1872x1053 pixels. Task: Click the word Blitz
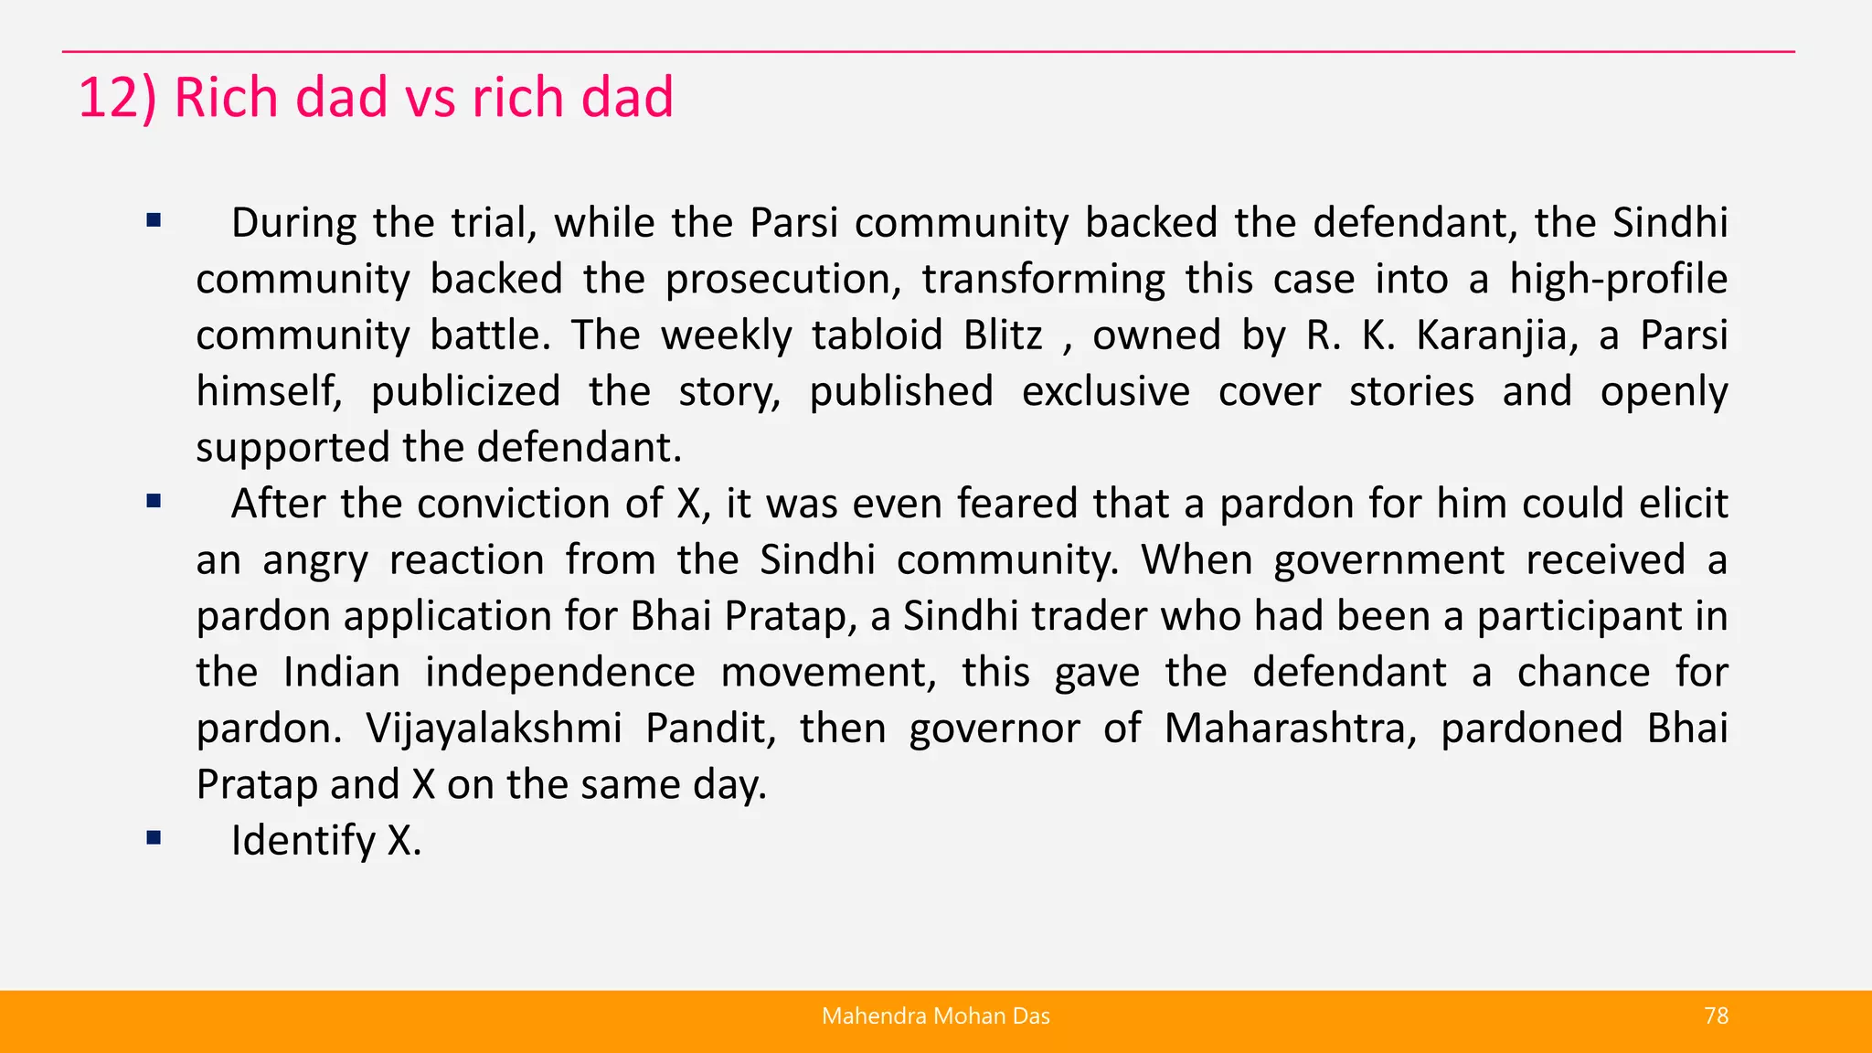(1002, 335)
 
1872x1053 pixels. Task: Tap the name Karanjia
(1497, 335)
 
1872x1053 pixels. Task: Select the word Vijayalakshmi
(494, 729)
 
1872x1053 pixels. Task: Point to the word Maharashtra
(1290, 729)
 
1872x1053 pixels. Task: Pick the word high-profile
(1618, 280)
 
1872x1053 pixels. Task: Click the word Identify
(303, 841)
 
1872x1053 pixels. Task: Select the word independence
(559, 673)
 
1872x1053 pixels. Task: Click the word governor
(994, 729)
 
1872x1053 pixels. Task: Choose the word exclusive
(1105, 392)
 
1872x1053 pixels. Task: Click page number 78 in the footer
(1716, 1016)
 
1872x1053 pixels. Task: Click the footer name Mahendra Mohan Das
(935, 1016)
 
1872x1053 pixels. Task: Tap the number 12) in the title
(117, 97)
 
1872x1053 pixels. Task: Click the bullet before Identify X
(154, 837)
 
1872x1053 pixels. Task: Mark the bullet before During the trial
(154, 220)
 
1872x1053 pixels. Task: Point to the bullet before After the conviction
(154, 501)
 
